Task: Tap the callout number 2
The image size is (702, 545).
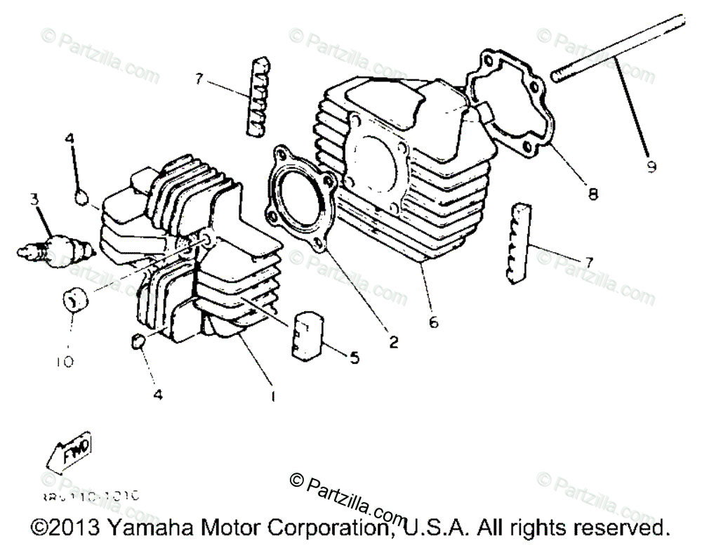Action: pyautogui.click(x=393, y=342)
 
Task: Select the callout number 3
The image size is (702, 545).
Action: pyautogui.click(x=33, y=199)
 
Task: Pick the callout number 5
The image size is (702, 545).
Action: pyautogui.click(x=354, y=358)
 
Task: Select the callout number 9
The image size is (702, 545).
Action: pyautogui.click(x=651, y=166)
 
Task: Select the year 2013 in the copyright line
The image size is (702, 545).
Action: pyautogui.click(x=72, y=526)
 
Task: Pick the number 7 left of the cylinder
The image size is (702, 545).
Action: pyautogui.click(x=199, y=79)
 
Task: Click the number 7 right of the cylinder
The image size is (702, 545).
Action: pyautogui.click(x=588, y=262)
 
